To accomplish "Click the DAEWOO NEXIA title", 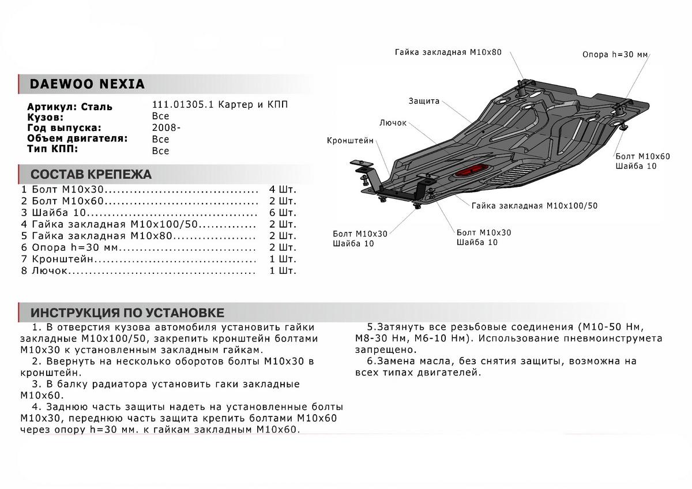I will (x=88, y=84).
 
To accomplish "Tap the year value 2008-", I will (x=166, y=128).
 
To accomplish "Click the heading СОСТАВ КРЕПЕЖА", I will (x=91, y=175).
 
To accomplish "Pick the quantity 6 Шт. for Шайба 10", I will (x=283, y=213).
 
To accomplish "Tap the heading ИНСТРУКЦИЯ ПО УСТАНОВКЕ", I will (x=127, y=313).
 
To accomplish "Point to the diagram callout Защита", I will (x=424, y=101).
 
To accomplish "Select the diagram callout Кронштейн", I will (x=350, y=140).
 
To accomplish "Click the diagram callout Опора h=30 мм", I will (x=615, y=55).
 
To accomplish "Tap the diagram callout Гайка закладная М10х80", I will (x=448, y=52).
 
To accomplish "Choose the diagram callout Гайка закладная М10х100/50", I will (x=534, y=205).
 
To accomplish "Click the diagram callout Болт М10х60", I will (x=642, y=156).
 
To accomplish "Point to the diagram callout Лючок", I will (x=393, y=123).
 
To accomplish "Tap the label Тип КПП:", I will (x=52, y=149).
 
